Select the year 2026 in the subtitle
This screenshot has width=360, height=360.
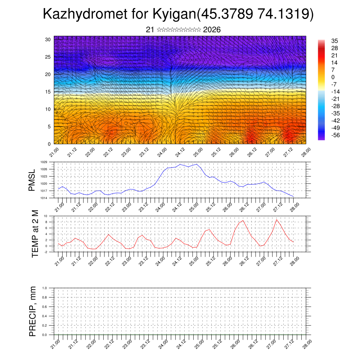coord(212,30)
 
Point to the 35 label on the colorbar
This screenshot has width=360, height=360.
coord(334,41)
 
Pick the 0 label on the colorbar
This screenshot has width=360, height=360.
coord(333,77)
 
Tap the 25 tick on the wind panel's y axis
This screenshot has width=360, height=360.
coord(48,57)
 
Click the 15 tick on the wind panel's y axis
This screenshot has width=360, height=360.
coord(48,92)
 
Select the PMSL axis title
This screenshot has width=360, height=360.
coord(32,180)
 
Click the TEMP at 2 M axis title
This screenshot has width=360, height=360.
coord(35,234)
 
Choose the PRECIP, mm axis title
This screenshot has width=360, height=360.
coord(33,311)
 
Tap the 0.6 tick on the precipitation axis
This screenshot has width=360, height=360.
coord(45,307)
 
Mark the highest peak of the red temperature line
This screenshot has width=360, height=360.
coord(277,220)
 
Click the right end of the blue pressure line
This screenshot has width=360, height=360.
coord(293,196)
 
